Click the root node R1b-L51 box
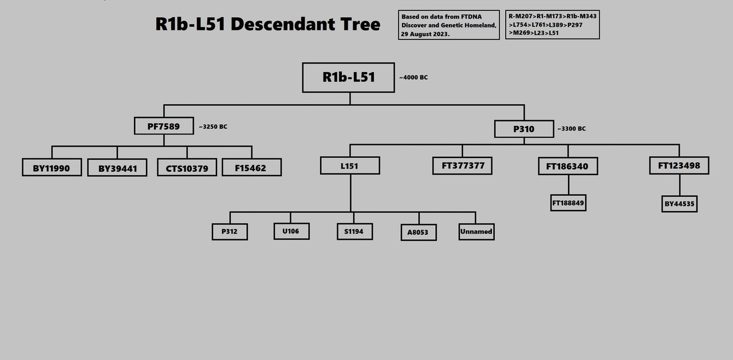click(348, 77)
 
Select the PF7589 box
click(164, 126)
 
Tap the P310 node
click(524, 129)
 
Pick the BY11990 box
click(52, 168)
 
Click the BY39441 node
click(117, 168)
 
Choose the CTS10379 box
click(187, 168)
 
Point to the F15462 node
click(251, 167)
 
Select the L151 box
click(350, 166)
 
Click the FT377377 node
click(462, 166)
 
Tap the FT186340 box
click(568, 167)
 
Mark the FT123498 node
click(679, 166)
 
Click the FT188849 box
click(568, 203)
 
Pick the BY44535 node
click(679, 204)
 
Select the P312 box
click(230, 232)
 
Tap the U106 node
click(291, 231)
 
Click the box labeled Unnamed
click(476, 232)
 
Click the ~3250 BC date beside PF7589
click(213, 126)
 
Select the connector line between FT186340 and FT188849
click(568, 185)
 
